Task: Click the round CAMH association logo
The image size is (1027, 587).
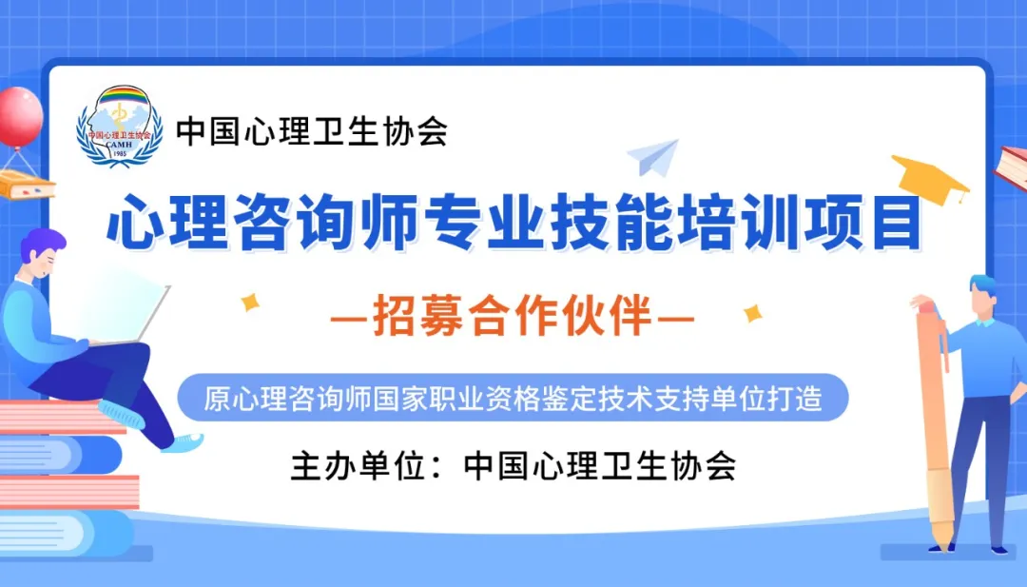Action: (119, 126)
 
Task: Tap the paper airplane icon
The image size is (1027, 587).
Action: (653, 157)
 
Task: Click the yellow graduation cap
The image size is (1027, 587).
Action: (930, 178)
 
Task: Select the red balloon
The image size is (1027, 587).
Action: (20, 117)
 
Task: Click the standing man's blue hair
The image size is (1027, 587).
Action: (984, 285)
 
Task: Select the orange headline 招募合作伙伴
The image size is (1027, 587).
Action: (513, 317)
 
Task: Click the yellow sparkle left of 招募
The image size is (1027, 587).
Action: (249, 302)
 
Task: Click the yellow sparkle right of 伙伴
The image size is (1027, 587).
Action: (753, 313)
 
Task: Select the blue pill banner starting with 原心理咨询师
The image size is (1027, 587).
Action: (513, 398)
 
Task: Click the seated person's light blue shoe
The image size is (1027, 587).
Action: (183, 442)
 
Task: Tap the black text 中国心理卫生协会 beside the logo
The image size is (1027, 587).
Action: (312, 131)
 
